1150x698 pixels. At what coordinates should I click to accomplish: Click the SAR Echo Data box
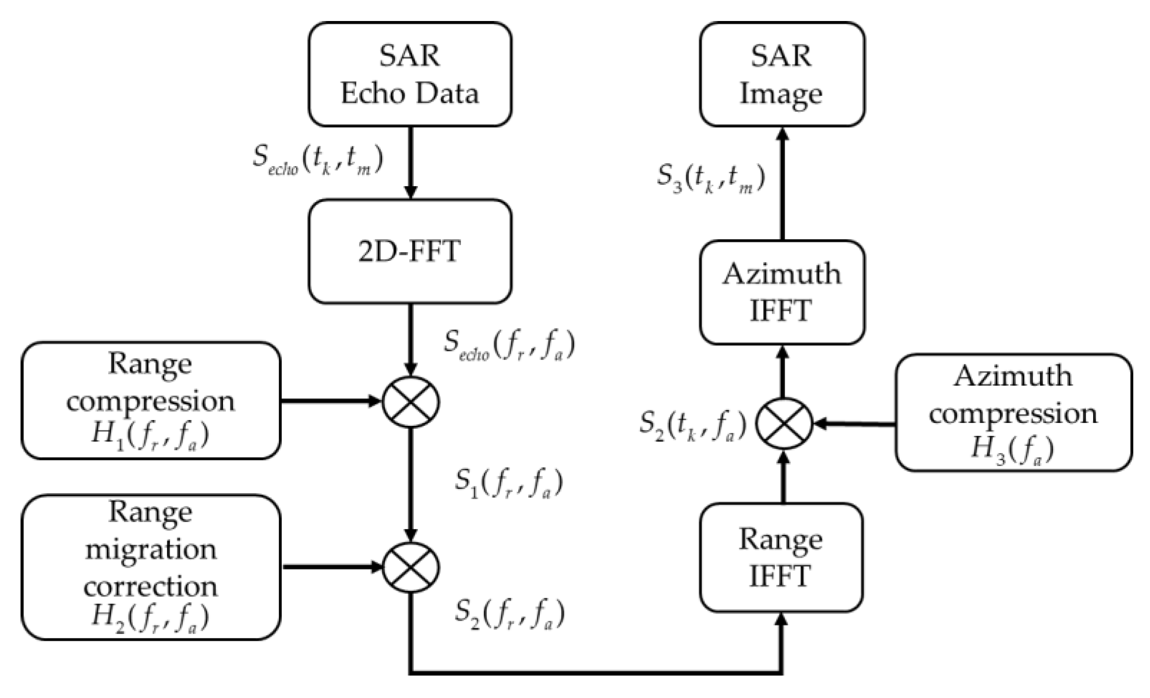coord(410,74)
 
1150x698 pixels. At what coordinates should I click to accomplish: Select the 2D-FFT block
coord(410,252)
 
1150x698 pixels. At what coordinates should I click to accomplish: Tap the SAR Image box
coord(782,74)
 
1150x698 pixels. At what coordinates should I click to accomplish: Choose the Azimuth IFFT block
coord(782,292)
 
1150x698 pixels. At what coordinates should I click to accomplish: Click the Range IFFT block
coord(781,557)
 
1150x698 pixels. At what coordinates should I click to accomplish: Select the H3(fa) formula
coord(1012,449)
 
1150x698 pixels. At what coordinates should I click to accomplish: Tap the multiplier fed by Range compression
coord(411,402)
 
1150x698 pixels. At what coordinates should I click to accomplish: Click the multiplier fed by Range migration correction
coord(411,567)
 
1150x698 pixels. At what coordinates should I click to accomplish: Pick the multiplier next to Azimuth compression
coord(783,423)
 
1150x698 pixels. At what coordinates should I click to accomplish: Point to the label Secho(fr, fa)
coord(509,345)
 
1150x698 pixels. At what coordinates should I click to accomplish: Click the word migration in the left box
coord(150,550)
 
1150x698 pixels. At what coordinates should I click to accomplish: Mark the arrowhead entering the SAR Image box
coord(782,134)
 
